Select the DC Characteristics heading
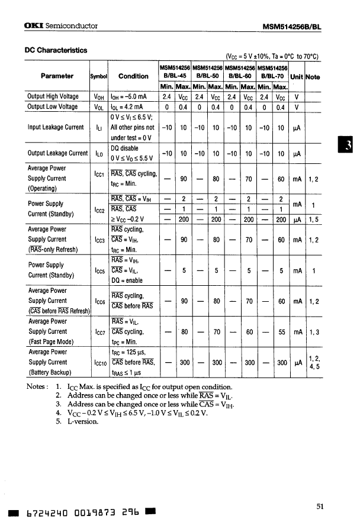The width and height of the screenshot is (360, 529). (56, 50)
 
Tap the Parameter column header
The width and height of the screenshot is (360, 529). (57, 76)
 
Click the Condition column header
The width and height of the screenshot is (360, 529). (133, 76)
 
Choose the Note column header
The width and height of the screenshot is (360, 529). (313, 76)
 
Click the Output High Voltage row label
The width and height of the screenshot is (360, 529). (53, 96)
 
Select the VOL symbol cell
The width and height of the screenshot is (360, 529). (98, 107)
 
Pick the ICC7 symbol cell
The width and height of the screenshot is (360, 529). (98, 331)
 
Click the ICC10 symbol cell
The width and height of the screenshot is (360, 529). (98, 363)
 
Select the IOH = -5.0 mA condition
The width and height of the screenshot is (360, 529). (130, 96)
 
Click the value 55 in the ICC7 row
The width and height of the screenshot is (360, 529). (281, 332)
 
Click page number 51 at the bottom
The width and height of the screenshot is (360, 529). (320, 505)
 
